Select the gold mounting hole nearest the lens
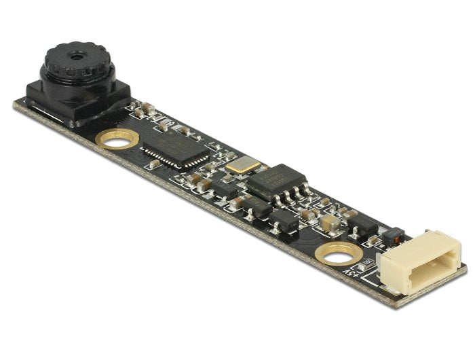117,139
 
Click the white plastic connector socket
421,262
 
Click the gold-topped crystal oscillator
242,164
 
